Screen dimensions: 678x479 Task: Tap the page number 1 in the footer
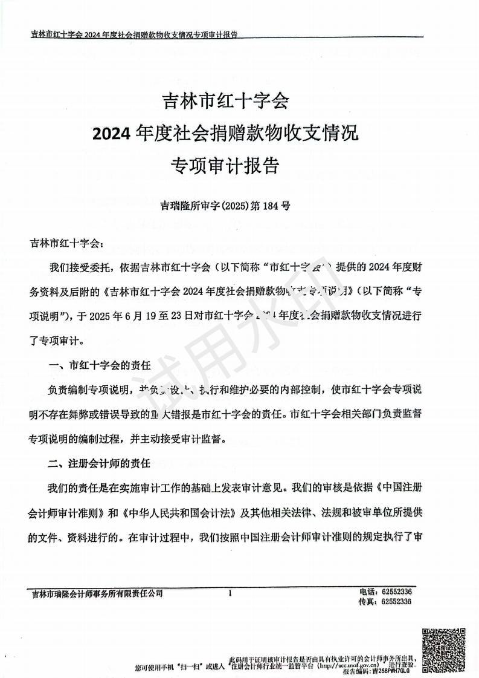tap(230, 593)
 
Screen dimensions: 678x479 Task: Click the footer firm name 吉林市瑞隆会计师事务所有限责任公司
tap(97, 594)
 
